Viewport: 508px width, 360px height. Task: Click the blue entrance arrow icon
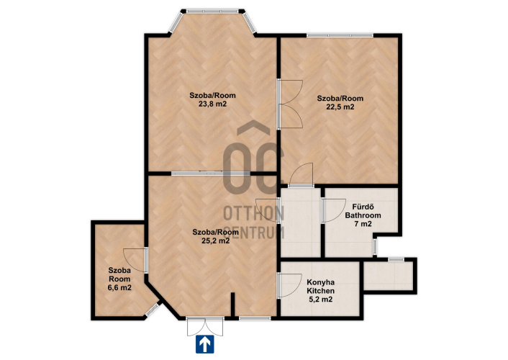(x=205, y=344)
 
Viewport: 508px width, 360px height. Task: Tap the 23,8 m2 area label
(x=212, y=104)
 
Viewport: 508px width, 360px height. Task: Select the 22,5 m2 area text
(x=340, y=107)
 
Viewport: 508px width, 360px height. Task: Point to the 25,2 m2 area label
(x=215, y=240)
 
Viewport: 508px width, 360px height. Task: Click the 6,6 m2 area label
(x=119, y=287)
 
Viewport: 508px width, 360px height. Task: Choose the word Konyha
(x=321, y=282)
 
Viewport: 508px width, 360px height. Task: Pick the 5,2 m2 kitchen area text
(x=320, y=300)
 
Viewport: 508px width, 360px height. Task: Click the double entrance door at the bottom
(x=205, y=327)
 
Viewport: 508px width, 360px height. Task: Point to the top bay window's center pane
(x=212, y=11)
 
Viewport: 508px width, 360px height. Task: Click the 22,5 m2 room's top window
(x=340, y=35)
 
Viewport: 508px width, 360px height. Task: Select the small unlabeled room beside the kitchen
(x=388, y=276)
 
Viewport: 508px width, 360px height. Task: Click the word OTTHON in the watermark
(x=254, y=213)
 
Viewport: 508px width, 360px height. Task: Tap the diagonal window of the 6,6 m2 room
(x=153, y=310)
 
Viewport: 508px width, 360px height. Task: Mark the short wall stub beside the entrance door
(x=232, y=305)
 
